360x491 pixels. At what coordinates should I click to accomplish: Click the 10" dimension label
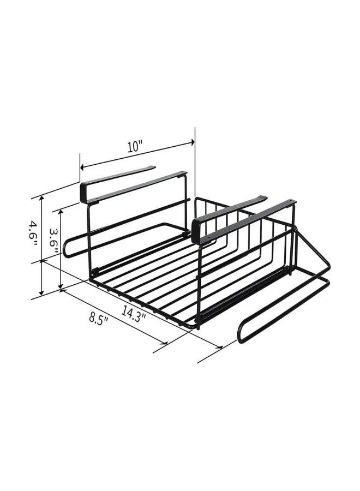pos(135,147)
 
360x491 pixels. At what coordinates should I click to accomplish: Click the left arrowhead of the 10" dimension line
pos(82,167)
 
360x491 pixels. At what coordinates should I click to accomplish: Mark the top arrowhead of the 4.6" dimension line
pos(41,199)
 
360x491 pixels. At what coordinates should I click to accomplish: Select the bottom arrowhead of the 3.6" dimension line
pos(61,287)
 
